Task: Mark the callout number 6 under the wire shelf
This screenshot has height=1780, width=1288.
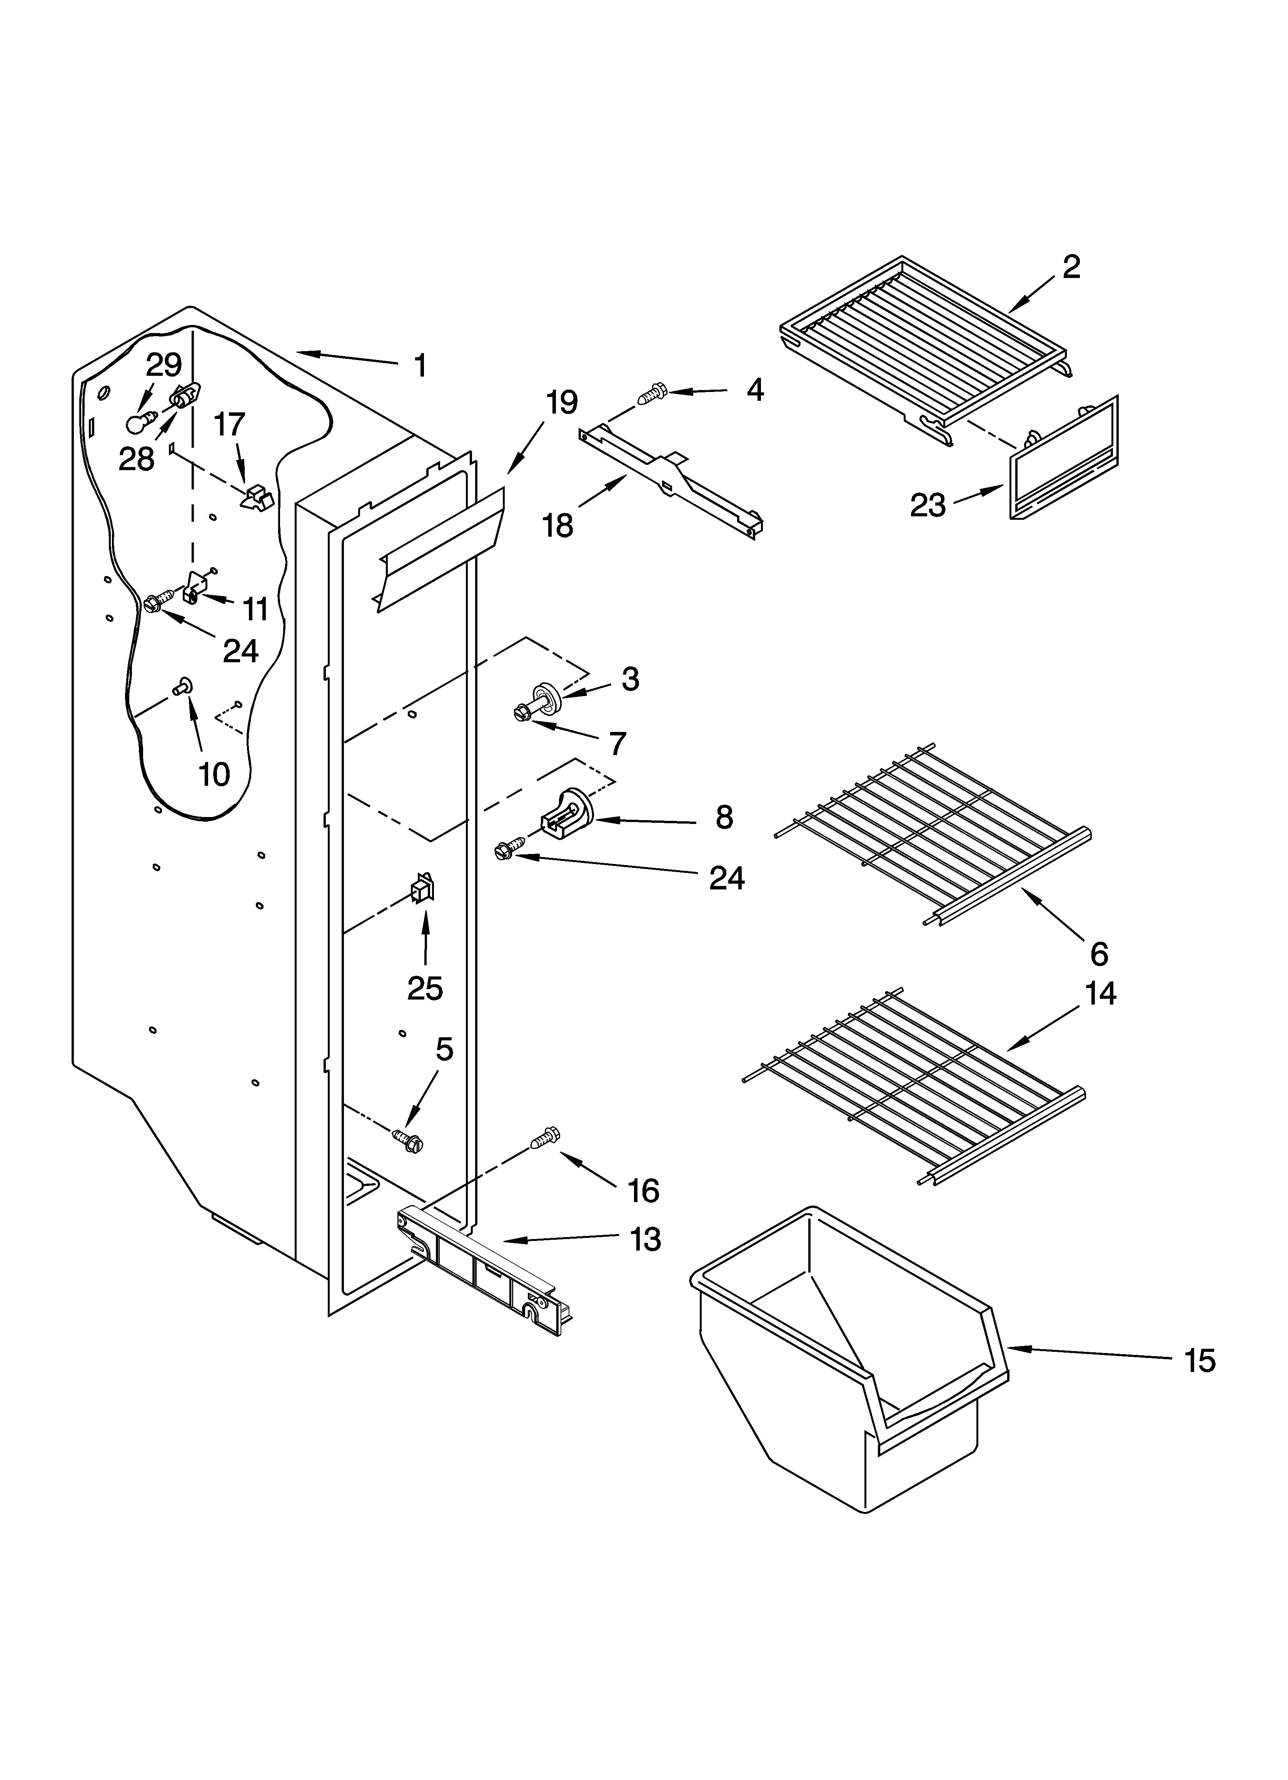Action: click(1099, 954)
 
